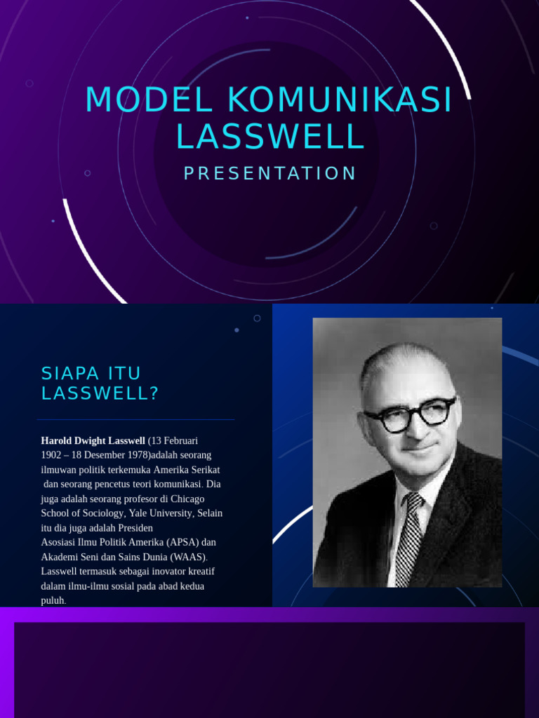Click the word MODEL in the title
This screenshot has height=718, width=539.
click(x=149, y=100)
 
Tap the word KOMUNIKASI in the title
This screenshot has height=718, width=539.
click(x=340, y=100)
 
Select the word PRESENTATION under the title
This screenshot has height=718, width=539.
click(x=270, y=174)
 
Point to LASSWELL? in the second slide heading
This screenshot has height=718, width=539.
click(x=100, y=393)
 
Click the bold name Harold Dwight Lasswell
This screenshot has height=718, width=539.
click(x=93, y=440)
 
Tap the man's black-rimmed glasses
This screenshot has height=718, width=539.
click(x=409, y=415)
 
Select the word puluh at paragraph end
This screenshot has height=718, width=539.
click(x=53, y=601)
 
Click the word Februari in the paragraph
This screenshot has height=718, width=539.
click(x=180, y=440)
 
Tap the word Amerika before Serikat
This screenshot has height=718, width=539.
click(x=170, y=470)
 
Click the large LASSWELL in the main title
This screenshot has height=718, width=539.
click(x=270, y=136)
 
